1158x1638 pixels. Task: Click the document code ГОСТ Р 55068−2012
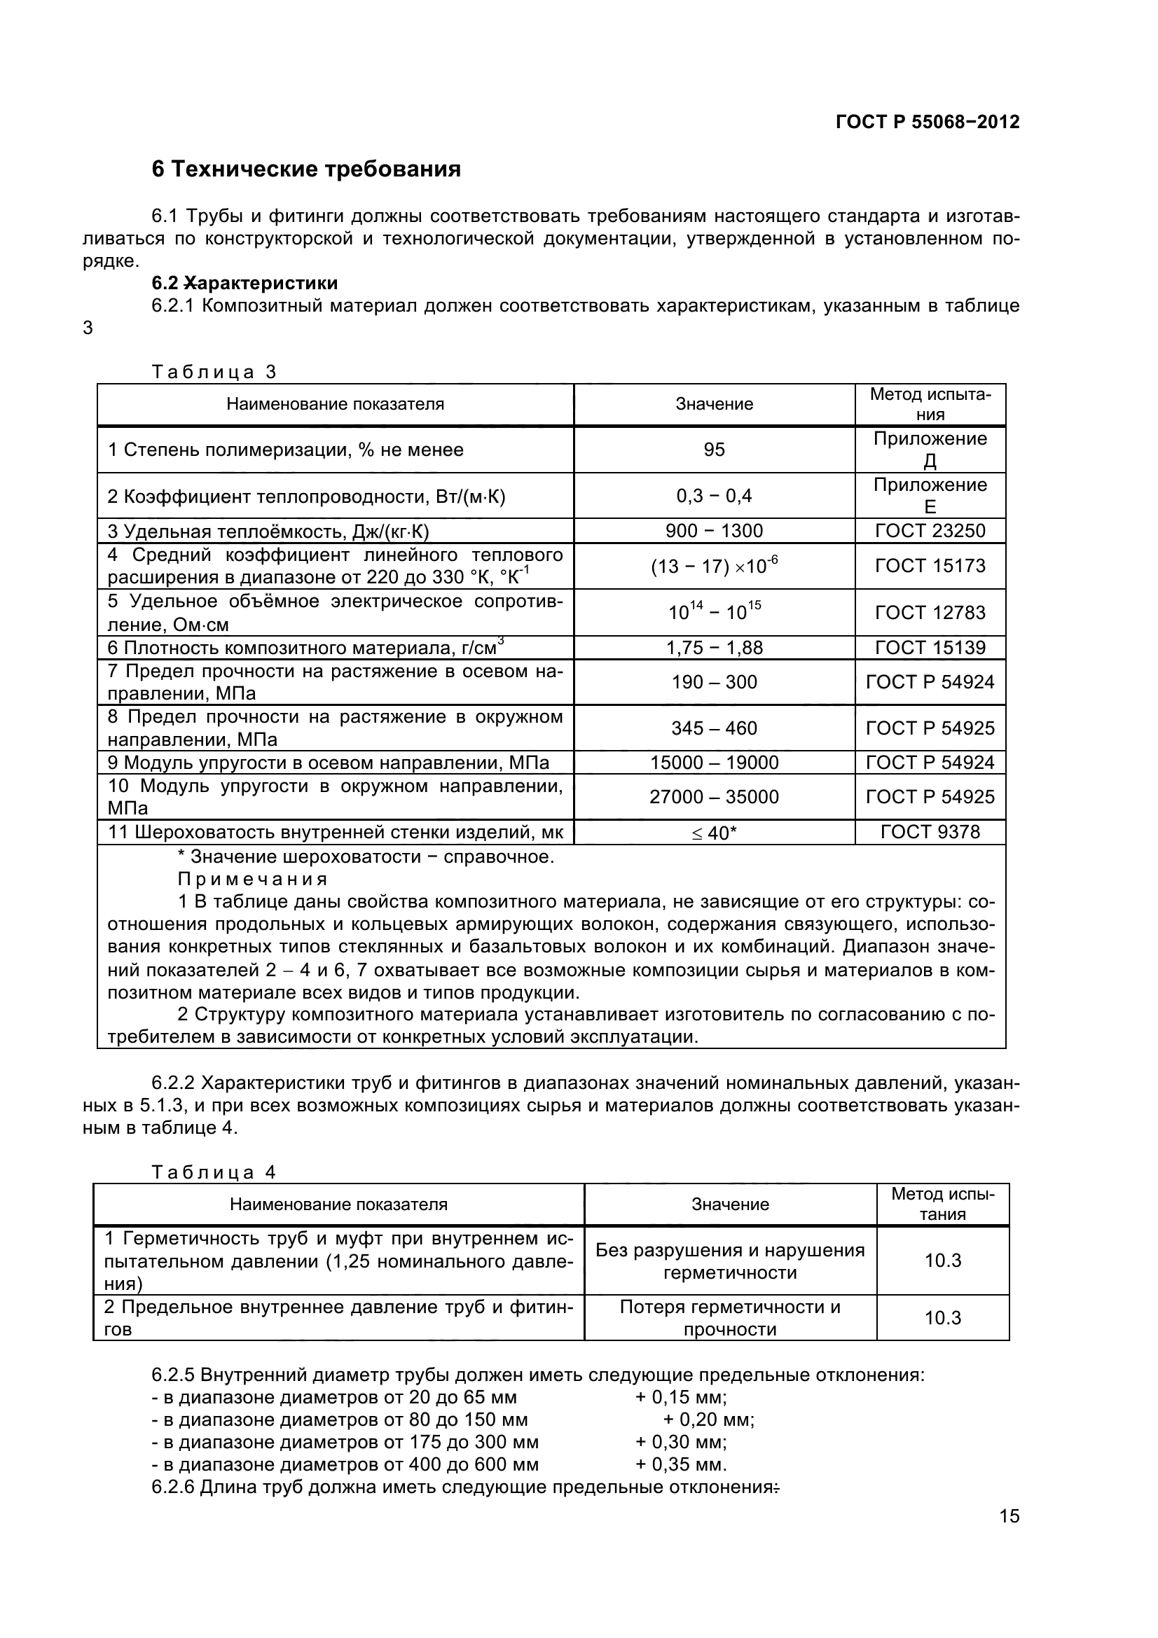927,122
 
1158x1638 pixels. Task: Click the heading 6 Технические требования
306,169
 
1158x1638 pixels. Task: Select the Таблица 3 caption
214,372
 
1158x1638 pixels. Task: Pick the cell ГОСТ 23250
930,531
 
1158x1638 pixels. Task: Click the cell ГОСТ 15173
930,566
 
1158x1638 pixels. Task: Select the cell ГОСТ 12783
930,612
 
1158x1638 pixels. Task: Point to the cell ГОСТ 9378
930,832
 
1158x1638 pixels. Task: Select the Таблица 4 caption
214,1172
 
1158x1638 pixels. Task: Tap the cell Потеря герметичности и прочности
729,1318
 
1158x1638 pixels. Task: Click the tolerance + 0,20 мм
708,1420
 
